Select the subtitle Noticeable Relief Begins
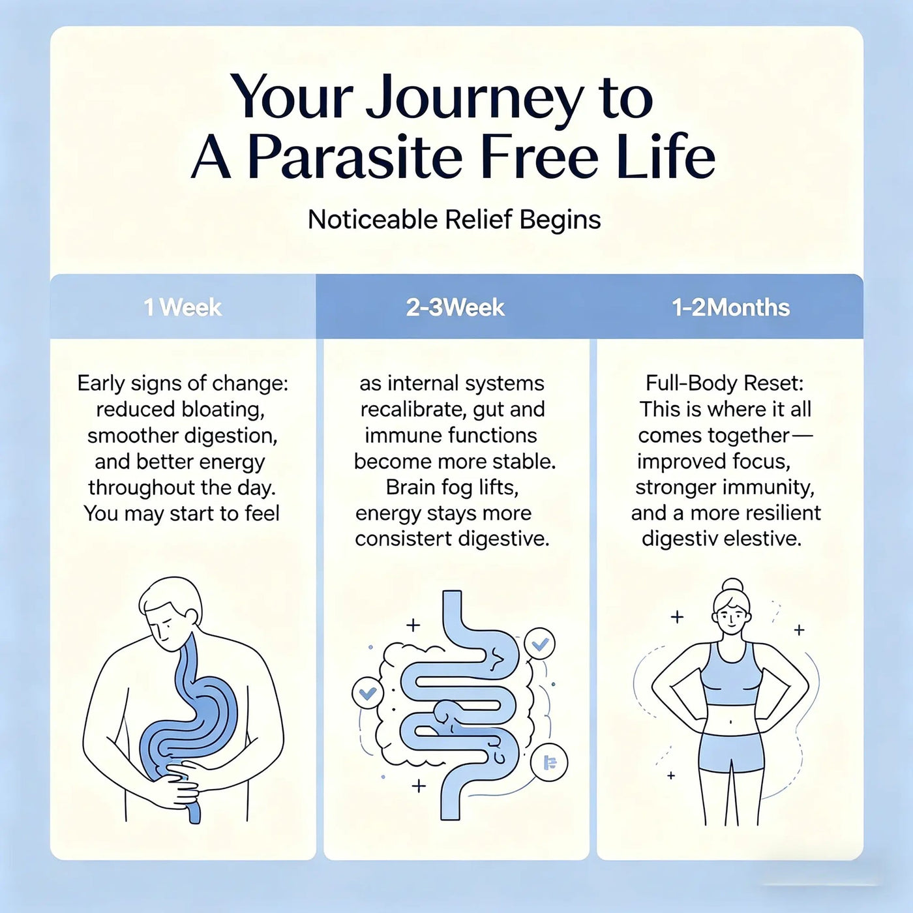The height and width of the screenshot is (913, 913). (x=455, y=220)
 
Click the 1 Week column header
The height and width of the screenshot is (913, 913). (x=183, y=308)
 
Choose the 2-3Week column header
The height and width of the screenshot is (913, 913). (x=455, y=308)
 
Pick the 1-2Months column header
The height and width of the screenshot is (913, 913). (x=730, y=308)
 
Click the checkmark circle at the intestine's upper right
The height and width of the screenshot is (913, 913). (x=539, y=644)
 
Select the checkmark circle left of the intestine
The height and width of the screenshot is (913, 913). (x=368, y=694)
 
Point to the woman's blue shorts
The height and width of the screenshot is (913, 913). (x=731, y=753)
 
